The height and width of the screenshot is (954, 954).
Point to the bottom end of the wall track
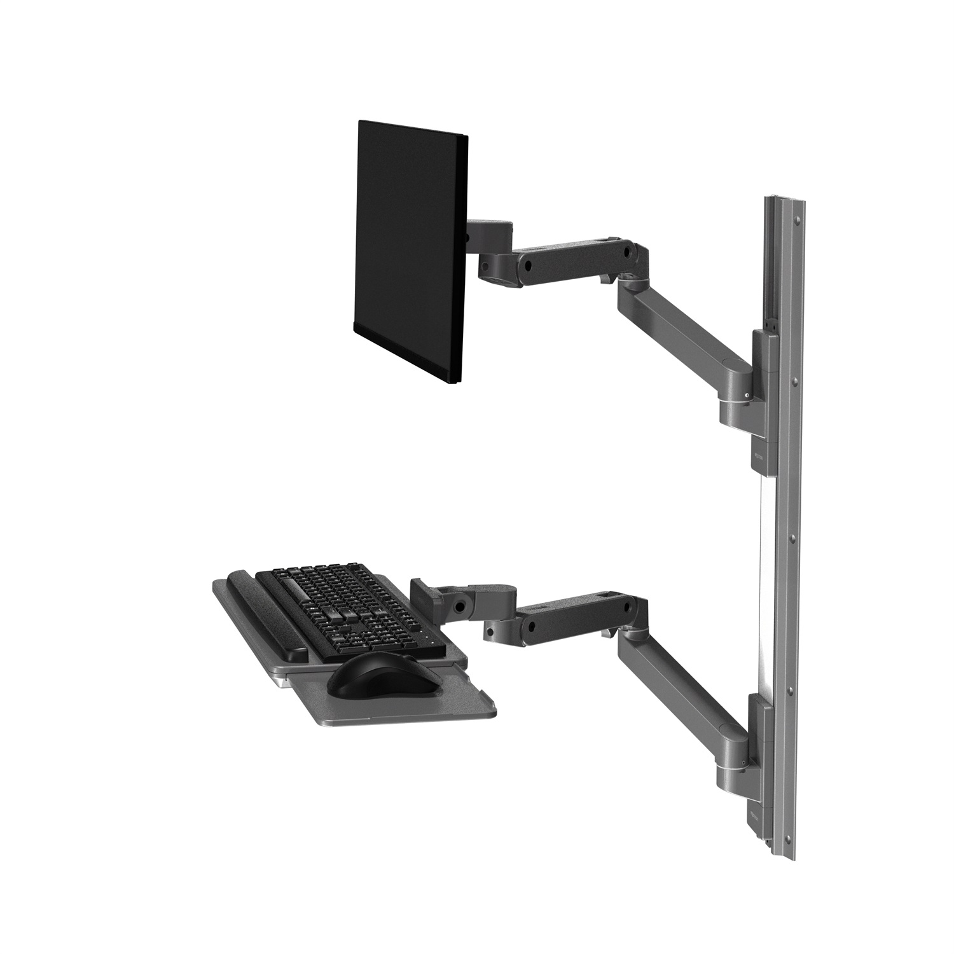point(789,849)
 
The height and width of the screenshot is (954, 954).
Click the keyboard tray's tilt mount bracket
point(432,595)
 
